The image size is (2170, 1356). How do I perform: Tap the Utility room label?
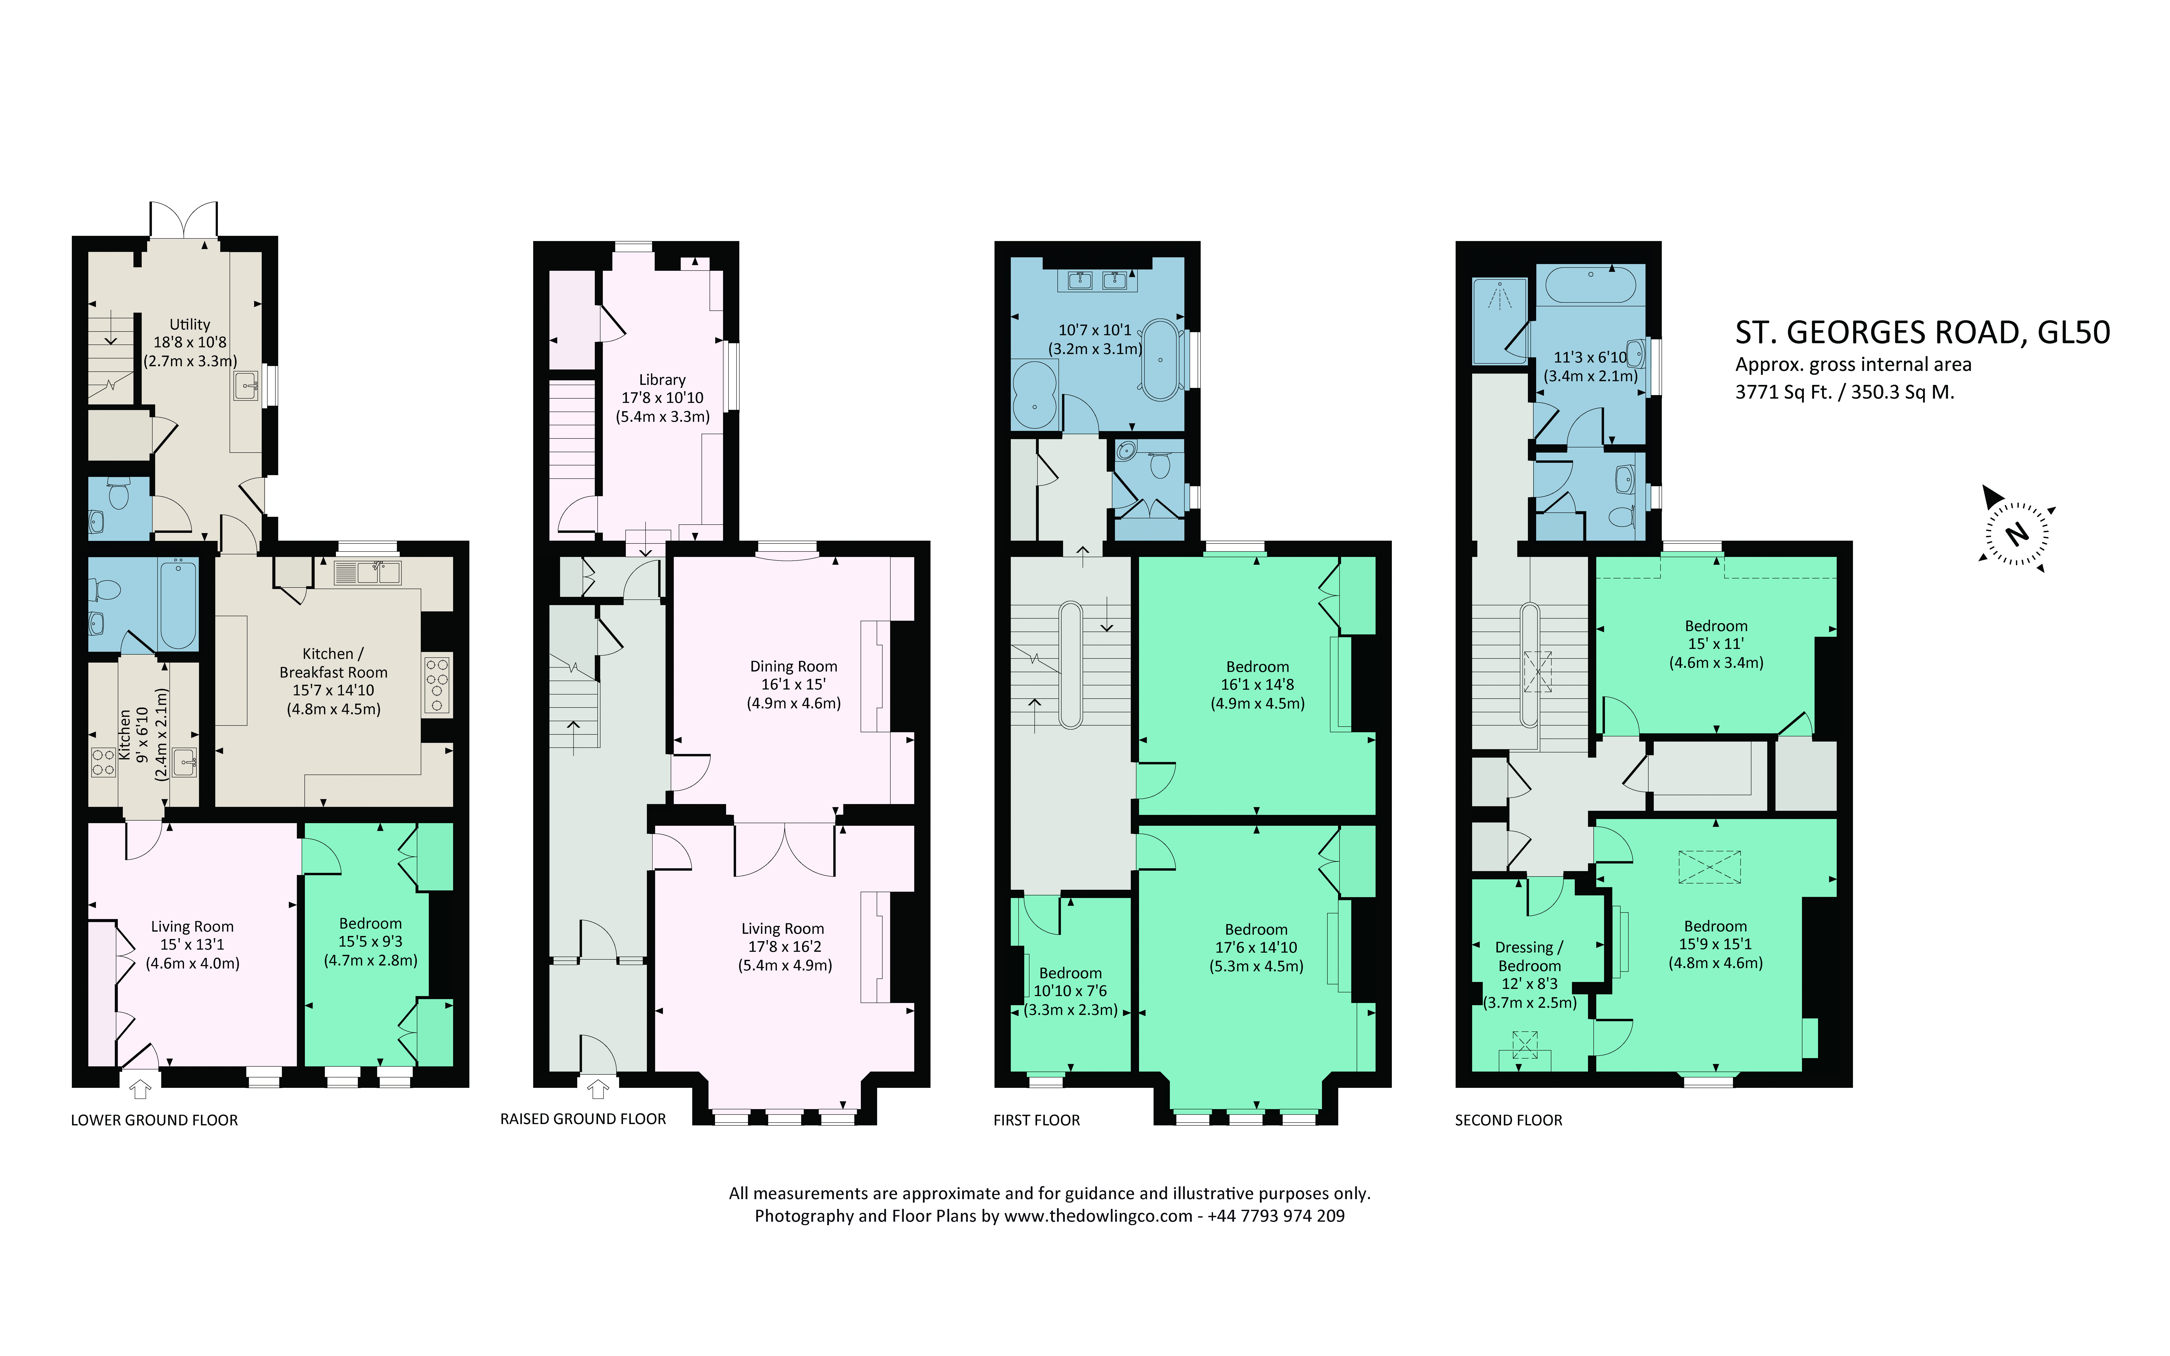(x=190, y=324)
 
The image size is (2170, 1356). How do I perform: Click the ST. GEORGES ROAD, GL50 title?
(x=1923, y=333)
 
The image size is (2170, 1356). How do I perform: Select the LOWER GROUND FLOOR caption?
(x=154, y=1120)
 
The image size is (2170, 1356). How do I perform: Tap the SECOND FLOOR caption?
(x=1508, y=1120)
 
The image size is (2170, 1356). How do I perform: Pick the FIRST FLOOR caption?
(x=1037, y=1120)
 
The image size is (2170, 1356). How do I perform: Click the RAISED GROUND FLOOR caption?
(x=583, y=1119)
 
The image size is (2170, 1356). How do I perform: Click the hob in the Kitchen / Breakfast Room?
(x=438, y=684)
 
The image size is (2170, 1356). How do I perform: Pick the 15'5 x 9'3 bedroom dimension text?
(x=370, y=942)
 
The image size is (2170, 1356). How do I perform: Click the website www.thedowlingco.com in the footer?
(x=1098, y=1216)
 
